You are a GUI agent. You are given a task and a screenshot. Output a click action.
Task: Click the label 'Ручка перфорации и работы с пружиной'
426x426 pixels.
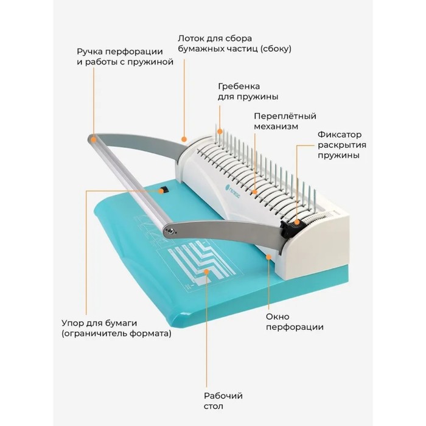pos(125,57)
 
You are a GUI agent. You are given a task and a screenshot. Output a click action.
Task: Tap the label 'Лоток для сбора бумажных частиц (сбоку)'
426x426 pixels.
pos(234,44)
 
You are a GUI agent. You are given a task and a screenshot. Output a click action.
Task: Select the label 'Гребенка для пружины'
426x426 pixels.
pos(248,91)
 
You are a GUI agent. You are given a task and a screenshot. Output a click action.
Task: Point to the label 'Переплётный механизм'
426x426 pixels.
pos(285,121)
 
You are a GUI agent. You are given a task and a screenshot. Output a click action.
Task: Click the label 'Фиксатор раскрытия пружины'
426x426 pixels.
pos(342,145)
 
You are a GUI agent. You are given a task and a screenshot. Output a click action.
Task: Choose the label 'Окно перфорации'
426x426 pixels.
pos(295,322)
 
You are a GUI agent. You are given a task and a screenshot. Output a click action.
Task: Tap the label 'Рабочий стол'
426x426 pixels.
pos(223,400)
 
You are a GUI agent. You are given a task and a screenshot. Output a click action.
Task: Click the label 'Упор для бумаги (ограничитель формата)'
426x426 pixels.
pos(116,328)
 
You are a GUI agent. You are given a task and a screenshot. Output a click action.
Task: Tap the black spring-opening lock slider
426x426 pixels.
pos(288,227)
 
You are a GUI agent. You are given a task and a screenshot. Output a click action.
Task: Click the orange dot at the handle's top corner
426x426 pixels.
pos(94,140)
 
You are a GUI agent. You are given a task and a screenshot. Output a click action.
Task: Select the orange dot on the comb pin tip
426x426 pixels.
pos(220,132)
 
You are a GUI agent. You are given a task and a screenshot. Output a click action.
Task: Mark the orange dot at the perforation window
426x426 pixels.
pos(269,256)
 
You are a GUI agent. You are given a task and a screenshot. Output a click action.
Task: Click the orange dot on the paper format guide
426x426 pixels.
pos(206,271)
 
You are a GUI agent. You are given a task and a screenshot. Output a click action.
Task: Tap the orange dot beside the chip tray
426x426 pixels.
pos(184,139)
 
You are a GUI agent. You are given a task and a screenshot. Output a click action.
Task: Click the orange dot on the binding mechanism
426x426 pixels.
pos(254,192)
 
